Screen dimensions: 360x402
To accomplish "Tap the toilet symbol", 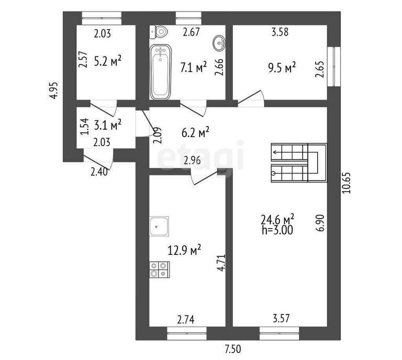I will [x=160, y=32].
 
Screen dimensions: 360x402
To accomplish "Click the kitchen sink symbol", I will [x=160, y=227].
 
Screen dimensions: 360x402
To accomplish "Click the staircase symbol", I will [x=298, y=162].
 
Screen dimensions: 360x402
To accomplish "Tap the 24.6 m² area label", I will [x=277, y=218].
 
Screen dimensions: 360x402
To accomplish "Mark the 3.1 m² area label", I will [x=108, y=124].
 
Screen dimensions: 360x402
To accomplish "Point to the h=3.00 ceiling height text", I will [x=277, y=229].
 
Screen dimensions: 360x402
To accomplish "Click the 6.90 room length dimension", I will [x=321, y=223].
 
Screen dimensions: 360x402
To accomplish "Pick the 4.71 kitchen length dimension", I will [x=221, y=261].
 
